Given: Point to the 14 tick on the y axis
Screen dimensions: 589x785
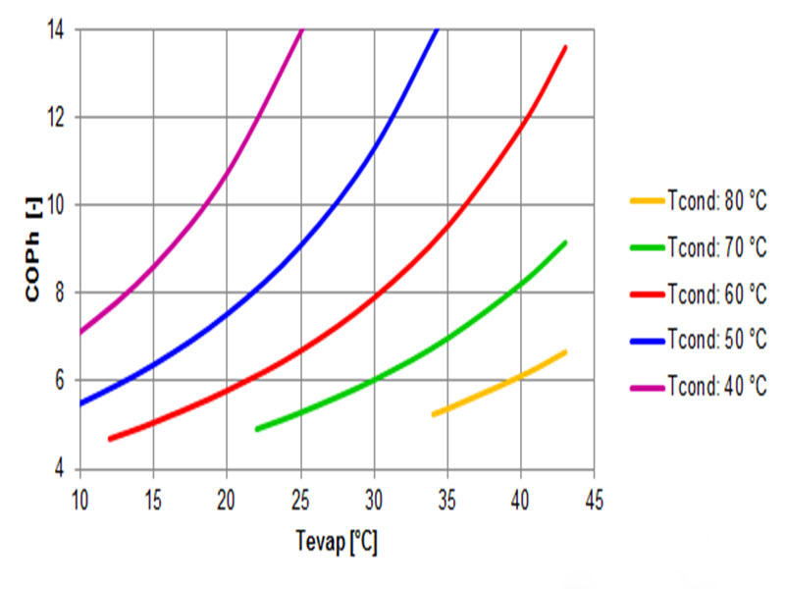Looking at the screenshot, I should coord(61,29).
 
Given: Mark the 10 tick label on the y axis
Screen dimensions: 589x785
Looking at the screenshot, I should coord(61,205).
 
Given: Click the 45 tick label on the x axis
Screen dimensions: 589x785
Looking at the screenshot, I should coord(594,498).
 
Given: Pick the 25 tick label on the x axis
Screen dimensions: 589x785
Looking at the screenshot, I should coord(300,498).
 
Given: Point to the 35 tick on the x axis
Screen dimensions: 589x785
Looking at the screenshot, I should coord(447,498).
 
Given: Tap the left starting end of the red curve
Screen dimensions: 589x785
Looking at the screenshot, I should coord(110,439).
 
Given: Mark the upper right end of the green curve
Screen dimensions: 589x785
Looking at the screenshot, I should coord(565,242).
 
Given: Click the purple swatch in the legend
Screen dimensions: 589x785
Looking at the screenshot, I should coord(647,386).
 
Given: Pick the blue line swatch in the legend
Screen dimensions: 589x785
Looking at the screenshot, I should coord(647,340).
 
